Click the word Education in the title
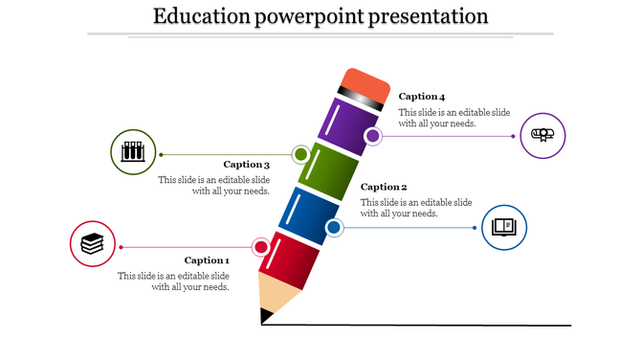[x=200, y=16]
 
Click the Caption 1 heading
[x=207, y=260]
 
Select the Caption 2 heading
[x=384, y=187]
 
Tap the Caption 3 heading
[x=247, y=165]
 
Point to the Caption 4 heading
[x=422, y=97]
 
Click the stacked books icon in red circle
[x=92, y=244]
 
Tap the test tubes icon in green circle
[x=133, y=151]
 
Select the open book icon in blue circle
[x=503, y=228]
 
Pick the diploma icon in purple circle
[x=542, y=134]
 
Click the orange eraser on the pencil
[x=366, y=84]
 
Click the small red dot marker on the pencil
[x=260, y=248]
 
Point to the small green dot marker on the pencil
[x=300, y=154]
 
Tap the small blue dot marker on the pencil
[x=334, y=228]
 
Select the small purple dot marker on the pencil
[x=373, y=137]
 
